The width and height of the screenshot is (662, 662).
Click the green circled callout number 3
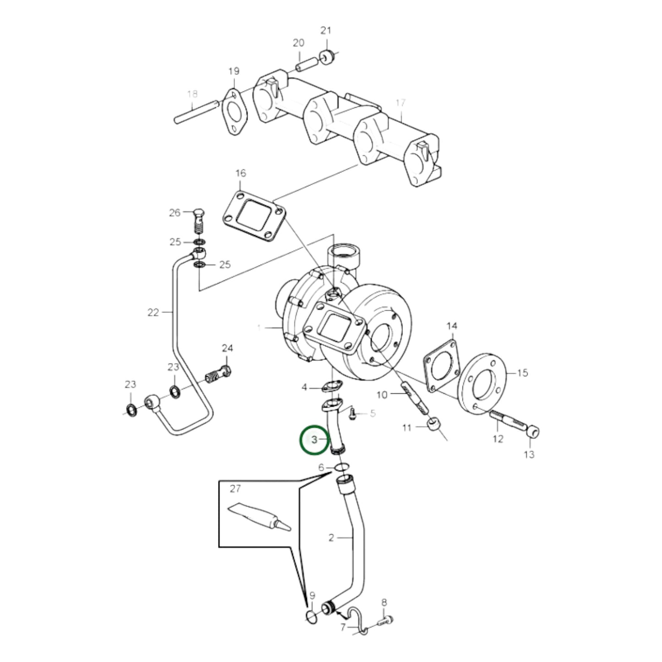coord(314,440)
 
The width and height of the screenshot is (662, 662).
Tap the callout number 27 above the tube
coord(235,489)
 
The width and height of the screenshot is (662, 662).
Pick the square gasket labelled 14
coord(442,365)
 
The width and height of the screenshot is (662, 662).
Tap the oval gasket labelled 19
coord(234,113)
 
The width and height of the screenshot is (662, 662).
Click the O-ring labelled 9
coord(311,617)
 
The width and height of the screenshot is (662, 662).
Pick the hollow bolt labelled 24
coord(219,373)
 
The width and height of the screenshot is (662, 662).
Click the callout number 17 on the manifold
coord(400,103)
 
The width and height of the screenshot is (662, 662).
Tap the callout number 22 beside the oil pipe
coord(153,312)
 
